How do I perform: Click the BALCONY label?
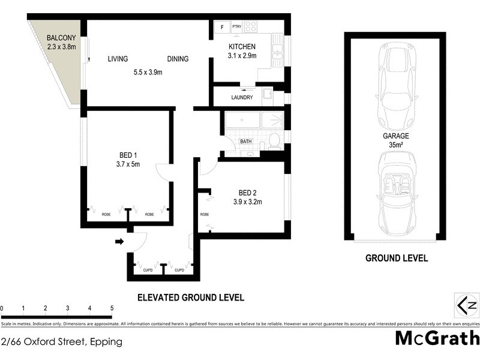coord(61,38)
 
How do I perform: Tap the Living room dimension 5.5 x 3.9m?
coord(148,72)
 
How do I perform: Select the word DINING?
coord(178,59)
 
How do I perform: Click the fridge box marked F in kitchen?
coord(222,27)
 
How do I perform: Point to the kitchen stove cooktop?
coord(251,27)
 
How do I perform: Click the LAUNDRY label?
coord(241,98)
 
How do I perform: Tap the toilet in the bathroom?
coord(274,141)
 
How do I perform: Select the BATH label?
coord(246,142)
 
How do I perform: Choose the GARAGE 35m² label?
coord(395,140)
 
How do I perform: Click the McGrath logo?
coord(437,338)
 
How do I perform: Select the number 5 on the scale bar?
coord(112,308)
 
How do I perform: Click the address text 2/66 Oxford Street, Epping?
coord(62,342)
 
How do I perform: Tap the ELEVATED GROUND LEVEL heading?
coord(191,297)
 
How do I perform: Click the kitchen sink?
coord(278,52)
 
